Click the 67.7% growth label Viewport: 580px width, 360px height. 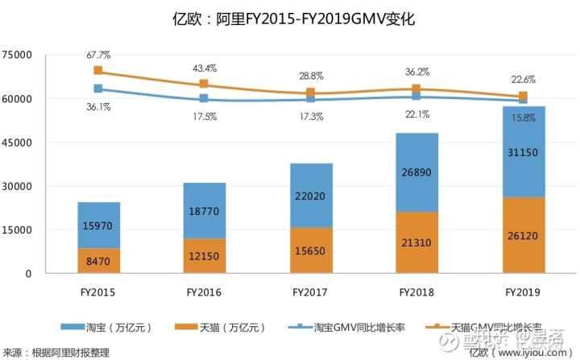(97, 55)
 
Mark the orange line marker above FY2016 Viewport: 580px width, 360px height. (204, 84)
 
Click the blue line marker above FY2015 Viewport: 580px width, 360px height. (97, 89)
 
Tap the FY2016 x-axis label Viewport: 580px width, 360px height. (204, 292)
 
